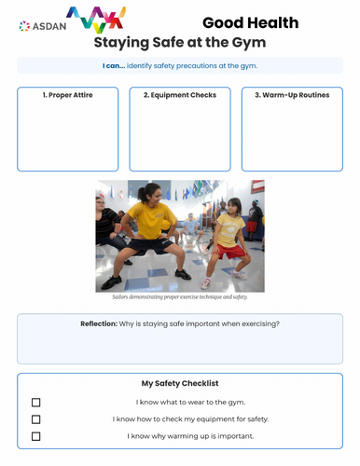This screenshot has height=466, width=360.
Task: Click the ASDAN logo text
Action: [x=48, y=26]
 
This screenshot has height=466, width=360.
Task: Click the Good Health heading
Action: [x=250, y=22]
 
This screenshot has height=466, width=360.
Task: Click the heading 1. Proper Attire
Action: [x=68, y=95]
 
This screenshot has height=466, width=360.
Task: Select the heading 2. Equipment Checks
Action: [x=180, y=95]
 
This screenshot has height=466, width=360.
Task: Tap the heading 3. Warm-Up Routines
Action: [x=292, y=95]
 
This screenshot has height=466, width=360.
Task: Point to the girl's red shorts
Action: [x=231, y=251]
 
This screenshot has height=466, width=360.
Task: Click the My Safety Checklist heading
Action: [x=180, y=383]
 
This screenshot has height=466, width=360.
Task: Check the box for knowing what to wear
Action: [x=36, y=403]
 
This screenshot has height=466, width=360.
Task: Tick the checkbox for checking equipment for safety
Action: [x=36, y=419]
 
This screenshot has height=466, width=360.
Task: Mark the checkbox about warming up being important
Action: [x=36, y=436]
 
